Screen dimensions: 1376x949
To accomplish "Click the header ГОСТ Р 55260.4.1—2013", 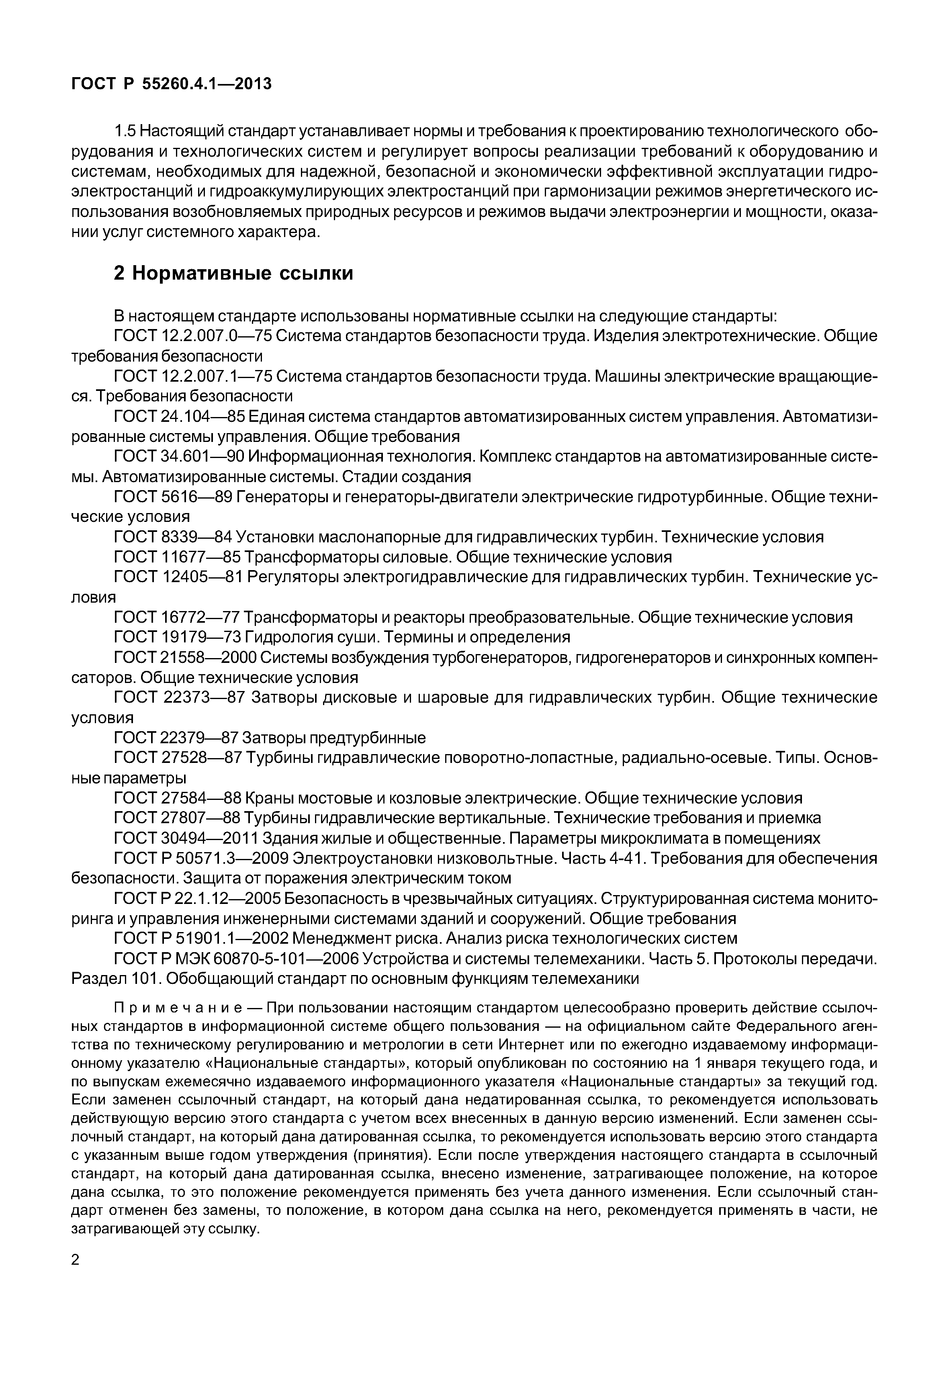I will (171, 84).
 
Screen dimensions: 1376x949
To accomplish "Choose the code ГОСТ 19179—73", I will (176, 638).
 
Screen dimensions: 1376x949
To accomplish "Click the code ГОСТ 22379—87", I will (176, 738).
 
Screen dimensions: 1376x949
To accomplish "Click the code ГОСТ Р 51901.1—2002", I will (201, 938).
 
